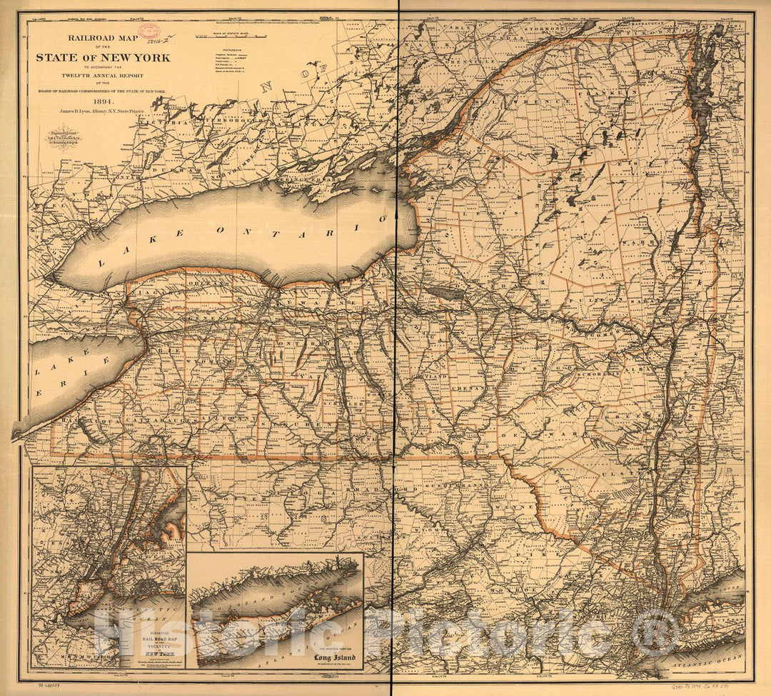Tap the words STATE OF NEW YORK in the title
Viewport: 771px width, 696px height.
point(104,57)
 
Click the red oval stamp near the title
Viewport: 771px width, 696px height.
point(148,30)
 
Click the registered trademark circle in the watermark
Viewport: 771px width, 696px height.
point(655,632)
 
